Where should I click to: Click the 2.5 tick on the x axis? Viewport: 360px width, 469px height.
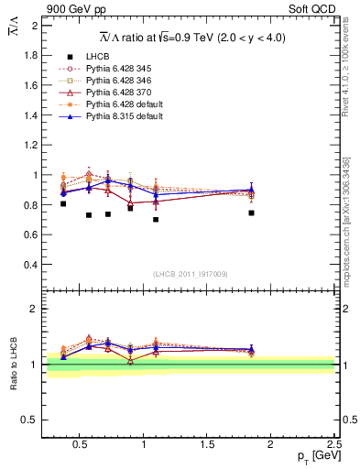(334, 446)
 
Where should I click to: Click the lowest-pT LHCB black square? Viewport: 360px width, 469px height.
(63, 203)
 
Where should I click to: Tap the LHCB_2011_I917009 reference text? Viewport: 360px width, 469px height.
(191, 273)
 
